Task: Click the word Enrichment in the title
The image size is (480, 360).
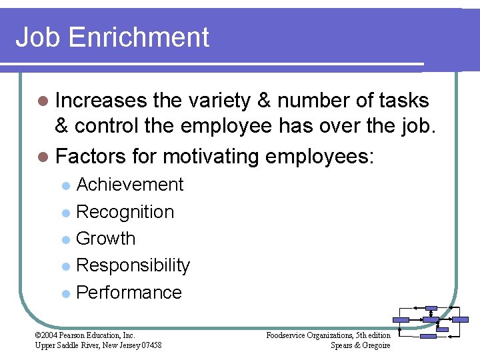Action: coord(148,37)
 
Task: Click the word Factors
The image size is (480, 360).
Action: coord(91,157)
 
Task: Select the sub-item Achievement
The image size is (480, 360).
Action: coord(130,185)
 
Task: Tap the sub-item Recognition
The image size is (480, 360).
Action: coord(125,212)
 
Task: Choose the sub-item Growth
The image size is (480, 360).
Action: coord(106,239)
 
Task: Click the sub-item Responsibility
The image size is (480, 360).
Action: coord(133,265)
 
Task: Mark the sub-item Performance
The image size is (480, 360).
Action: coord(129,293)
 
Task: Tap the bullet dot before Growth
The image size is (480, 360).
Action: coord(65,239)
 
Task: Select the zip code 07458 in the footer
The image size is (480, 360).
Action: coord(150,345)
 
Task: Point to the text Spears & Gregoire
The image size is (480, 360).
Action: coord(361,345)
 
